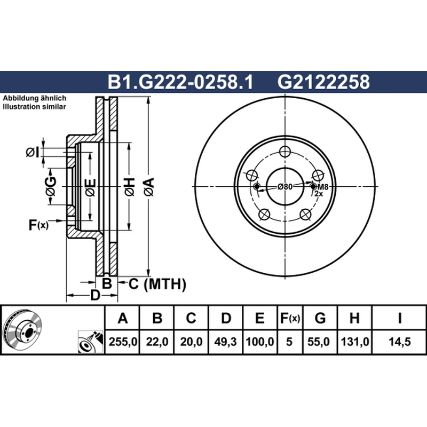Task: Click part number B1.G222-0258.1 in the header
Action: [x=180, y=82]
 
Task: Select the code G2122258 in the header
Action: [x=323, y=82]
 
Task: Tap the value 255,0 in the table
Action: [x=123, y=342]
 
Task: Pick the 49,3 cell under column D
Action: [x=225, y=342]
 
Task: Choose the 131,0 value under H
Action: [x=354, y=342]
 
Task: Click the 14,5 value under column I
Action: [x=399, y=342]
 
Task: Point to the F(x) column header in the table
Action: [x=290, y=318]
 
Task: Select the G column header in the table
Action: [x=320, y=318]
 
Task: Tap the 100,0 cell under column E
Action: [x=259, y=342]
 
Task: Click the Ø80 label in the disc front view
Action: [x=285, y=187]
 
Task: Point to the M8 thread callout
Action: [x=323, y=187]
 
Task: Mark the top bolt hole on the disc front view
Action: [x=285, y=152]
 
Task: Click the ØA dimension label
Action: [x=149, y=187]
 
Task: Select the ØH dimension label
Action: [x=130, y=187]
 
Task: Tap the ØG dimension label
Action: [x=51, y=186]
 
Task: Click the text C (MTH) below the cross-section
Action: [x=157, y=284]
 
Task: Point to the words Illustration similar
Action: [x=34, y=106]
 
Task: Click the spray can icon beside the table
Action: [x=91, y=342]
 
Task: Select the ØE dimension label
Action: [x=90, y=187]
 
